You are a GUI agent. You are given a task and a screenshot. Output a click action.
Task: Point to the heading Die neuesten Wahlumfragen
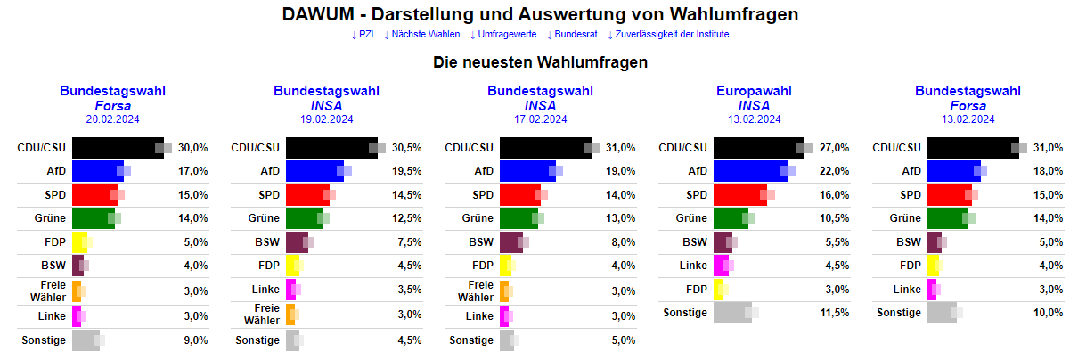[540, 62]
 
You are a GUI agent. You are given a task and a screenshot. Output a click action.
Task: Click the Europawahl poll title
[754, 91]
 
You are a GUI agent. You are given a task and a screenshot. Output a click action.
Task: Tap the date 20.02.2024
[112, 119]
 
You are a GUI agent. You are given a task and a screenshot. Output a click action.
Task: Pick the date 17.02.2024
[540, 119]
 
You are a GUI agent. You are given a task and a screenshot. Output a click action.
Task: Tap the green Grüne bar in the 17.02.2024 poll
[519, 218]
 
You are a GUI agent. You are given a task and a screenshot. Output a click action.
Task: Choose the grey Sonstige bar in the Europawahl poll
[732, 313]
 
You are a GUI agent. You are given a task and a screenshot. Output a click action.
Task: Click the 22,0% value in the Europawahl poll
[835, 171]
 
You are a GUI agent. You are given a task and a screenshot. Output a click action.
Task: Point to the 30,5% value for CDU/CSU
[407, 148]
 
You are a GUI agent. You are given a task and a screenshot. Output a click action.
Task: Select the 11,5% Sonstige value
[835, 313]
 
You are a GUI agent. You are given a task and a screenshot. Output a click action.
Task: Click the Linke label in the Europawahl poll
[693, 266]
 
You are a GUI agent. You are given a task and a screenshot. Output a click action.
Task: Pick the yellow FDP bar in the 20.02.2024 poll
[79, 242]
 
